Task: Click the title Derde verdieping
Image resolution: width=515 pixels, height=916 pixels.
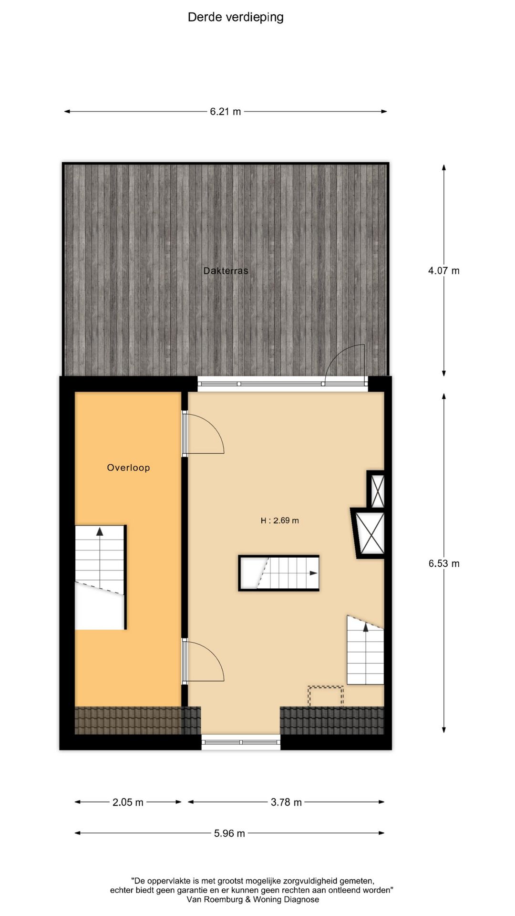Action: (x=236, y=18)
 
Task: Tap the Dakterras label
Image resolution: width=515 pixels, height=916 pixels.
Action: (x=226, y=271)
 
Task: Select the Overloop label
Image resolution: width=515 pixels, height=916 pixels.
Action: (x=128, y=468)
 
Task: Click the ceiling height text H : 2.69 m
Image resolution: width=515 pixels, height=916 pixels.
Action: (x=279, y=520)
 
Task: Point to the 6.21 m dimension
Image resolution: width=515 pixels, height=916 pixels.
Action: (x=226, y=112)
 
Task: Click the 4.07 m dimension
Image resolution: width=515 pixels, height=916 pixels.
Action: (x=443, y=271)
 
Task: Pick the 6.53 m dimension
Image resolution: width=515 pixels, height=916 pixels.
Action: (x=443, y=563)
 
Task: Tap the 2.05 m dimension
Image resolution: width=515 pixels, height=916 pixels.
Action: (x=128, y=802)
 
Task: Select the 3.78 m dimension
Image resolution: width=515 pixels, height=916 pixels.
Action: (x=286, y=802)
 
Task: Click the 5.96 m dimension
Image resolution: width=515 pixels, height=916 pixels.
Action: (x=229, y=833)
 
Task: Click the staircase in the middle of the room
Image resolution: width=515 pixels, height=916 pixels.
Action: (x=279, y=573)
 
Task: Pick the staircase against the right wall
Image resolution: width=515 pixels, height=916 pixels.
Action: (x=365, y=651)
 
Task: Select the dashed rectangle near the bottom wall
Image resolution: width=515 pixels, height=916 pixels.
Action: (x=325, y=697)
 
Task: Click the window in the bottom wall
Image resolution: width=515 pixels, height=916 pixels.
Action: (x=241, y=742)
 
